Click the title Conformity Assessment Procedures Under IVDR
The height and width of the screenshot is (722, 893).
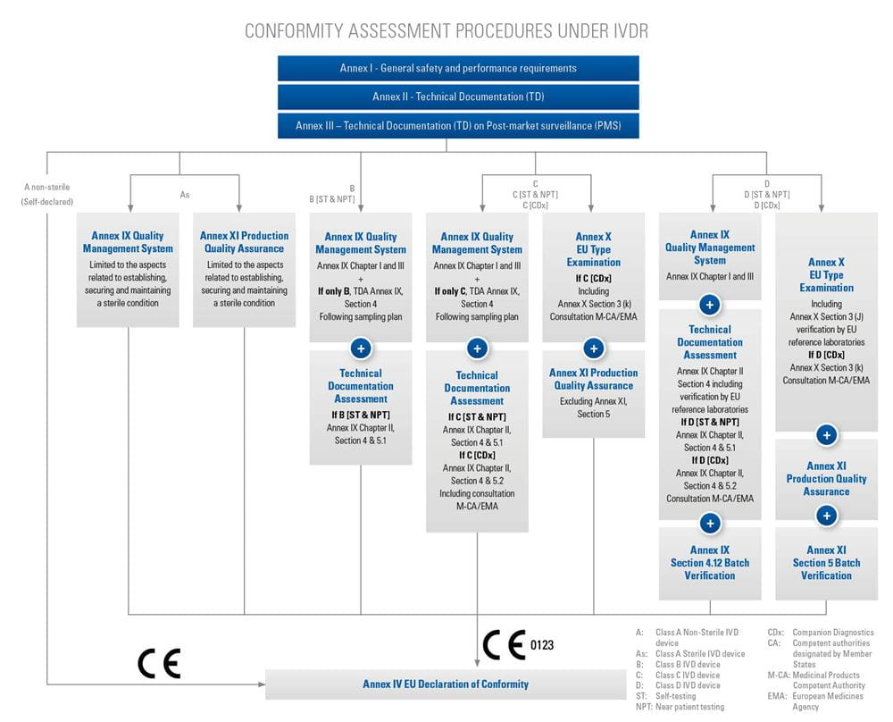pyautogui.click(x=446, y=31)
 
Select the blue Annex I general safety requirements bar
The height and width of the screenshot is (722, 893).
pyautogui.click(x=458, y=69)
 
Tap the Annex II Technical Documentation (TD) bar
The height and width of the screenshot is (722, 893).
pyautogui.click(x=458, y=97)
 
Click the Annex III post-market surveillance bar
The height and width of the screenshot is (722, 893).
pyautogui.click(x=458, y=126)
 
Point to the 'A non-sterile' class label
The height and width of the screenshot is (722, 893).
pyautogui.click(x=46, y=187)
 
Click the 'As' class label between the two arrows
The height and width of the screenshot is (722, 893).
pyautogui.click(x=185, y=194)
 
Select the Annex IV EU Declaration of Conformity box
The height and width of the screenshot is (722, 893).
pyautogui.click(x=445, y=684)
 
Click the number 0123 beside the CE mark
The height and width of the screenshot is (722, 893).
pyautogui.click(x=543, y=644)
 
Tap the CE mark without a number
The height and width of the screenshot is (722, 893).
pyautogui.click(x=159, y=663)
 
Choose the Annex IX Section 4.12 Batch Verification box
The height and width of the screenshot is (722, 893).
pyautogui.click(x=710, y=563)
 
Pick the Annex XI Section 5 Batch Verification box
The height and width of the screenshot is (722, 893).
pyautogui.click(x=826, y=563)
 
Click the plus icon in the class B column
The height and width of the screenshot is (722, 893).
pyautogui.click(x=361, y=348)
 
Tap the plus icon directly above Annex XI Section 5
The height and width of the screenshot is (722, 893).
pyautogui.click(x=827, y=516)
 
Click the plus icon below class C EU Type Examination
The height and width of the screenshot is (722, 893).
pyautogui.click(x=593, y=348)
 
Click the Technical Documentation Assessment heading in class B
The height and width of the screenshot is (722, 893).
pyautogui.click(x=361, y=386)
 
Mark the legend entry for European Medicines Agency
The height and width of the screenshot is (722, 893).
pyautogui.click(x=817, y=701)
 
